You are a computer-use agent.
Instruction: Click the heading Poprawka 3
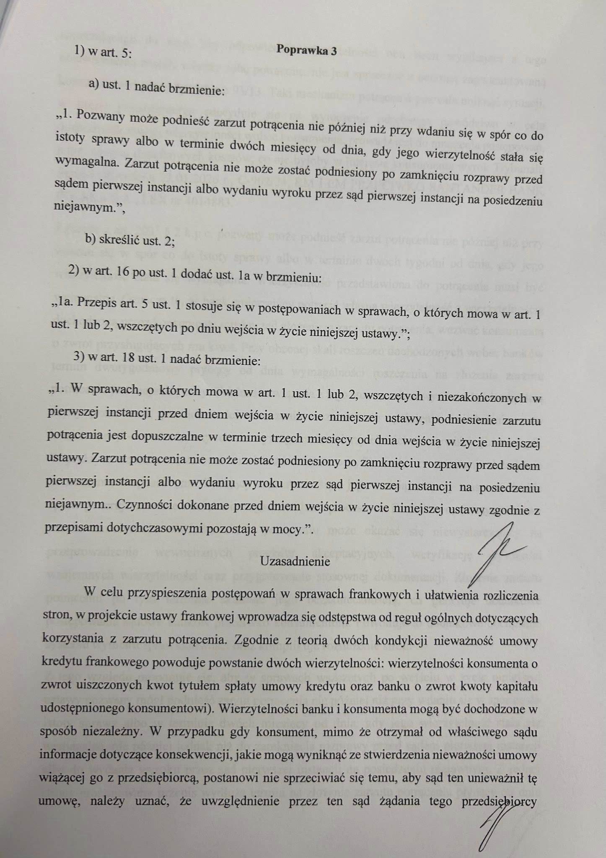306,51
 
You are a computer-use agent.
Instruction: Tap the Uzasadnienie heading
295,561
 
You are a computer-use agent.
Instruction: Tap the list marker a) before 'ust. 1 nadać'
93,84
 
